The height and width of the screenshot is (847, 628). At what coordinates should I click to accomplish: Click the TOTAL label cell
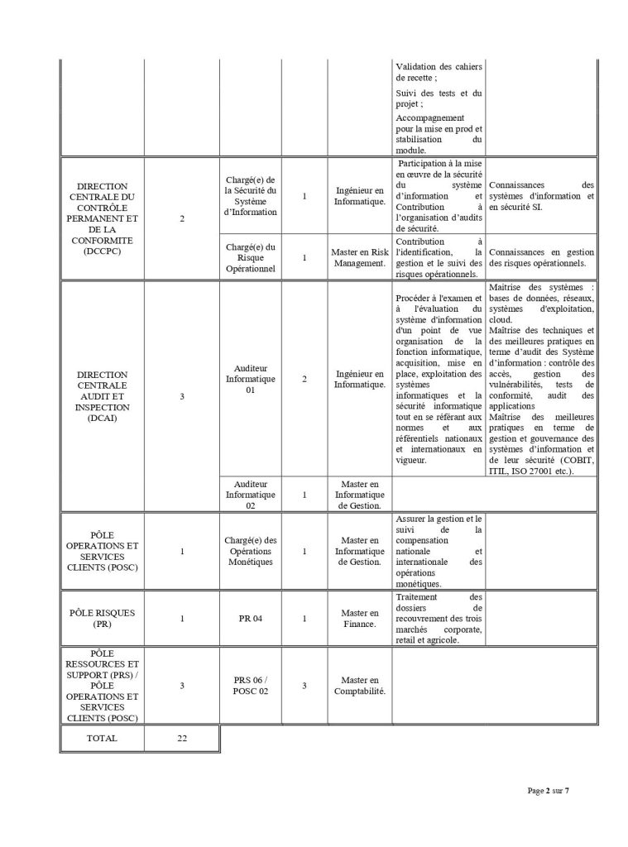tap(101, 738)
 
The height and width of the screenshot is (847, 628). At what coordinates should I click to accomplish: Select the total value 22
tap(182, 738)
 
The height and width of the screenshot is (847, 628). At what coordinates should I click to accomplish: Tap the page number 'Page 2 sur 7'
tap(548, 791)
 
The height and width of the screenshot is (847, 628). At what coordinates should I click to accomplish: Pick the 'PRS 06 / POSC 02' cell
tap(251, 685)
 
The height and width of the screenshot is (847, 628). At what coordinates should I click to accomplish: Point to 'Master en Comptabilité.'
tap(359, 685)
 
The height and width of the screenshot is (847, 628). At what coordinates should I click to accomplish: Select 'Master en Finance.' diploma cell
tap(359, 618)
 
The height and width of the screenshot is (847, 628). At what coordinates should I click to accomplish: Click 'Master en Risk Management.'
tap(359, 257)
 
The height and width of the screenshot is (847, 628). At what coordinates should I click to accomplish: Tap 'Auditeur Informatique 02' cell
tap(251, 494)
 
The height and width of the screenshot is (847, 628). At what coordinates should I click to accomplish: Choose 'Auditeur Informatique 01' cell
tap(251, 380)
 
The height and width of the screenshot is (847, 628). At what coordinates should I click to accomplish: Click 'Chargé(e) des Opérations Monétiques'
tap(251, 550)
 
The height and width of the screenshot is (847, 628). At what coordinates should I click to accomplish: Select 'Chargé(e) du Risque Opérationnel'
tap(251, 257)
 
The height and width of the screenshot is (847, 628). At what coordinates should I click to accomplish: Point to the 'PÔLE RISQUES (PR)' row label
tap(101, 618)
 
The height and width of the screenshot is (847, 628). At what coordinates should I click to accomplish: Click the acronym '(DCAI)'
tap(101, 418)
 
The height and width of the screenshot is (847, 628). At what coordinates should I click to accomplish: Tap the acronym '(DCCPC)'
tap(101, 251)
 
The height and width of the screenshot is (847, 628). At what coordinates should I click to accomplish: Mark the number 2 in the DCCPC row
tap(182, 218)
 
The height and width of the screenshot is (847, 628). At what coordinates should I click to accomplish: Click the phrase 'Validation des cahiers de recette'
tap(438, 71)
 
